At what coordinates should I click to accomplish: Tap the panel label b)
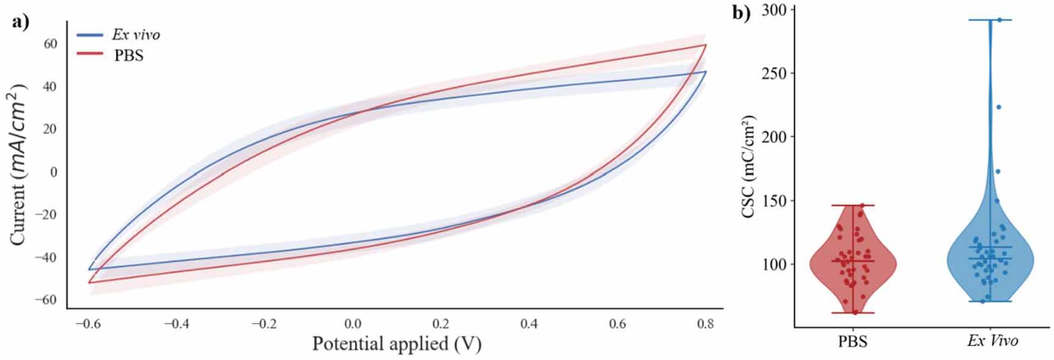(x=741, y=13)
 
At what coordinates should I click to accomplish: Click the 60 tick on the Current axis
(x=50, y=44)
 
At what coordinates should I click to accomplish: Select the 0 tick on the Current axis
(x=54, y=172)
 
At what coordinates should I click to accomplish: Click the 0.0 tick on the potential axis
(x=353, y=323)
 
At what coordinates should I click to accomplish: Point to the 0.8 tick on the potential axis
(x=706, y=323)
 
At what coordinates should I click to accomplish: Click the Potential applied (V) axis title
(x=397, y=343)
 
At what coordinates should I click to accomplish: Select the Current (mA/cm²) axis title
(x=19, y=165)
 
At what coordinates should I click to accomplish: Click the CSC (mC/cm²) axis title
(x=748, y=166)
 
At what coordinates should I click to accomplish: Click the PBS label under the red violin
(x=852, y=340)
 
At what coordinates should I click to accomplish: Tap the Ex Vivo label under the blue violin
(x=992, y=340)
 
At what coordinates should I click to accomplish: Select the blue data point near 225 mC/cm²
(x=999, y=107)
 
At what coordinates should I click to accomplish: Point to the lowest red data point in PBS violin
(x=855, y=312)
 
